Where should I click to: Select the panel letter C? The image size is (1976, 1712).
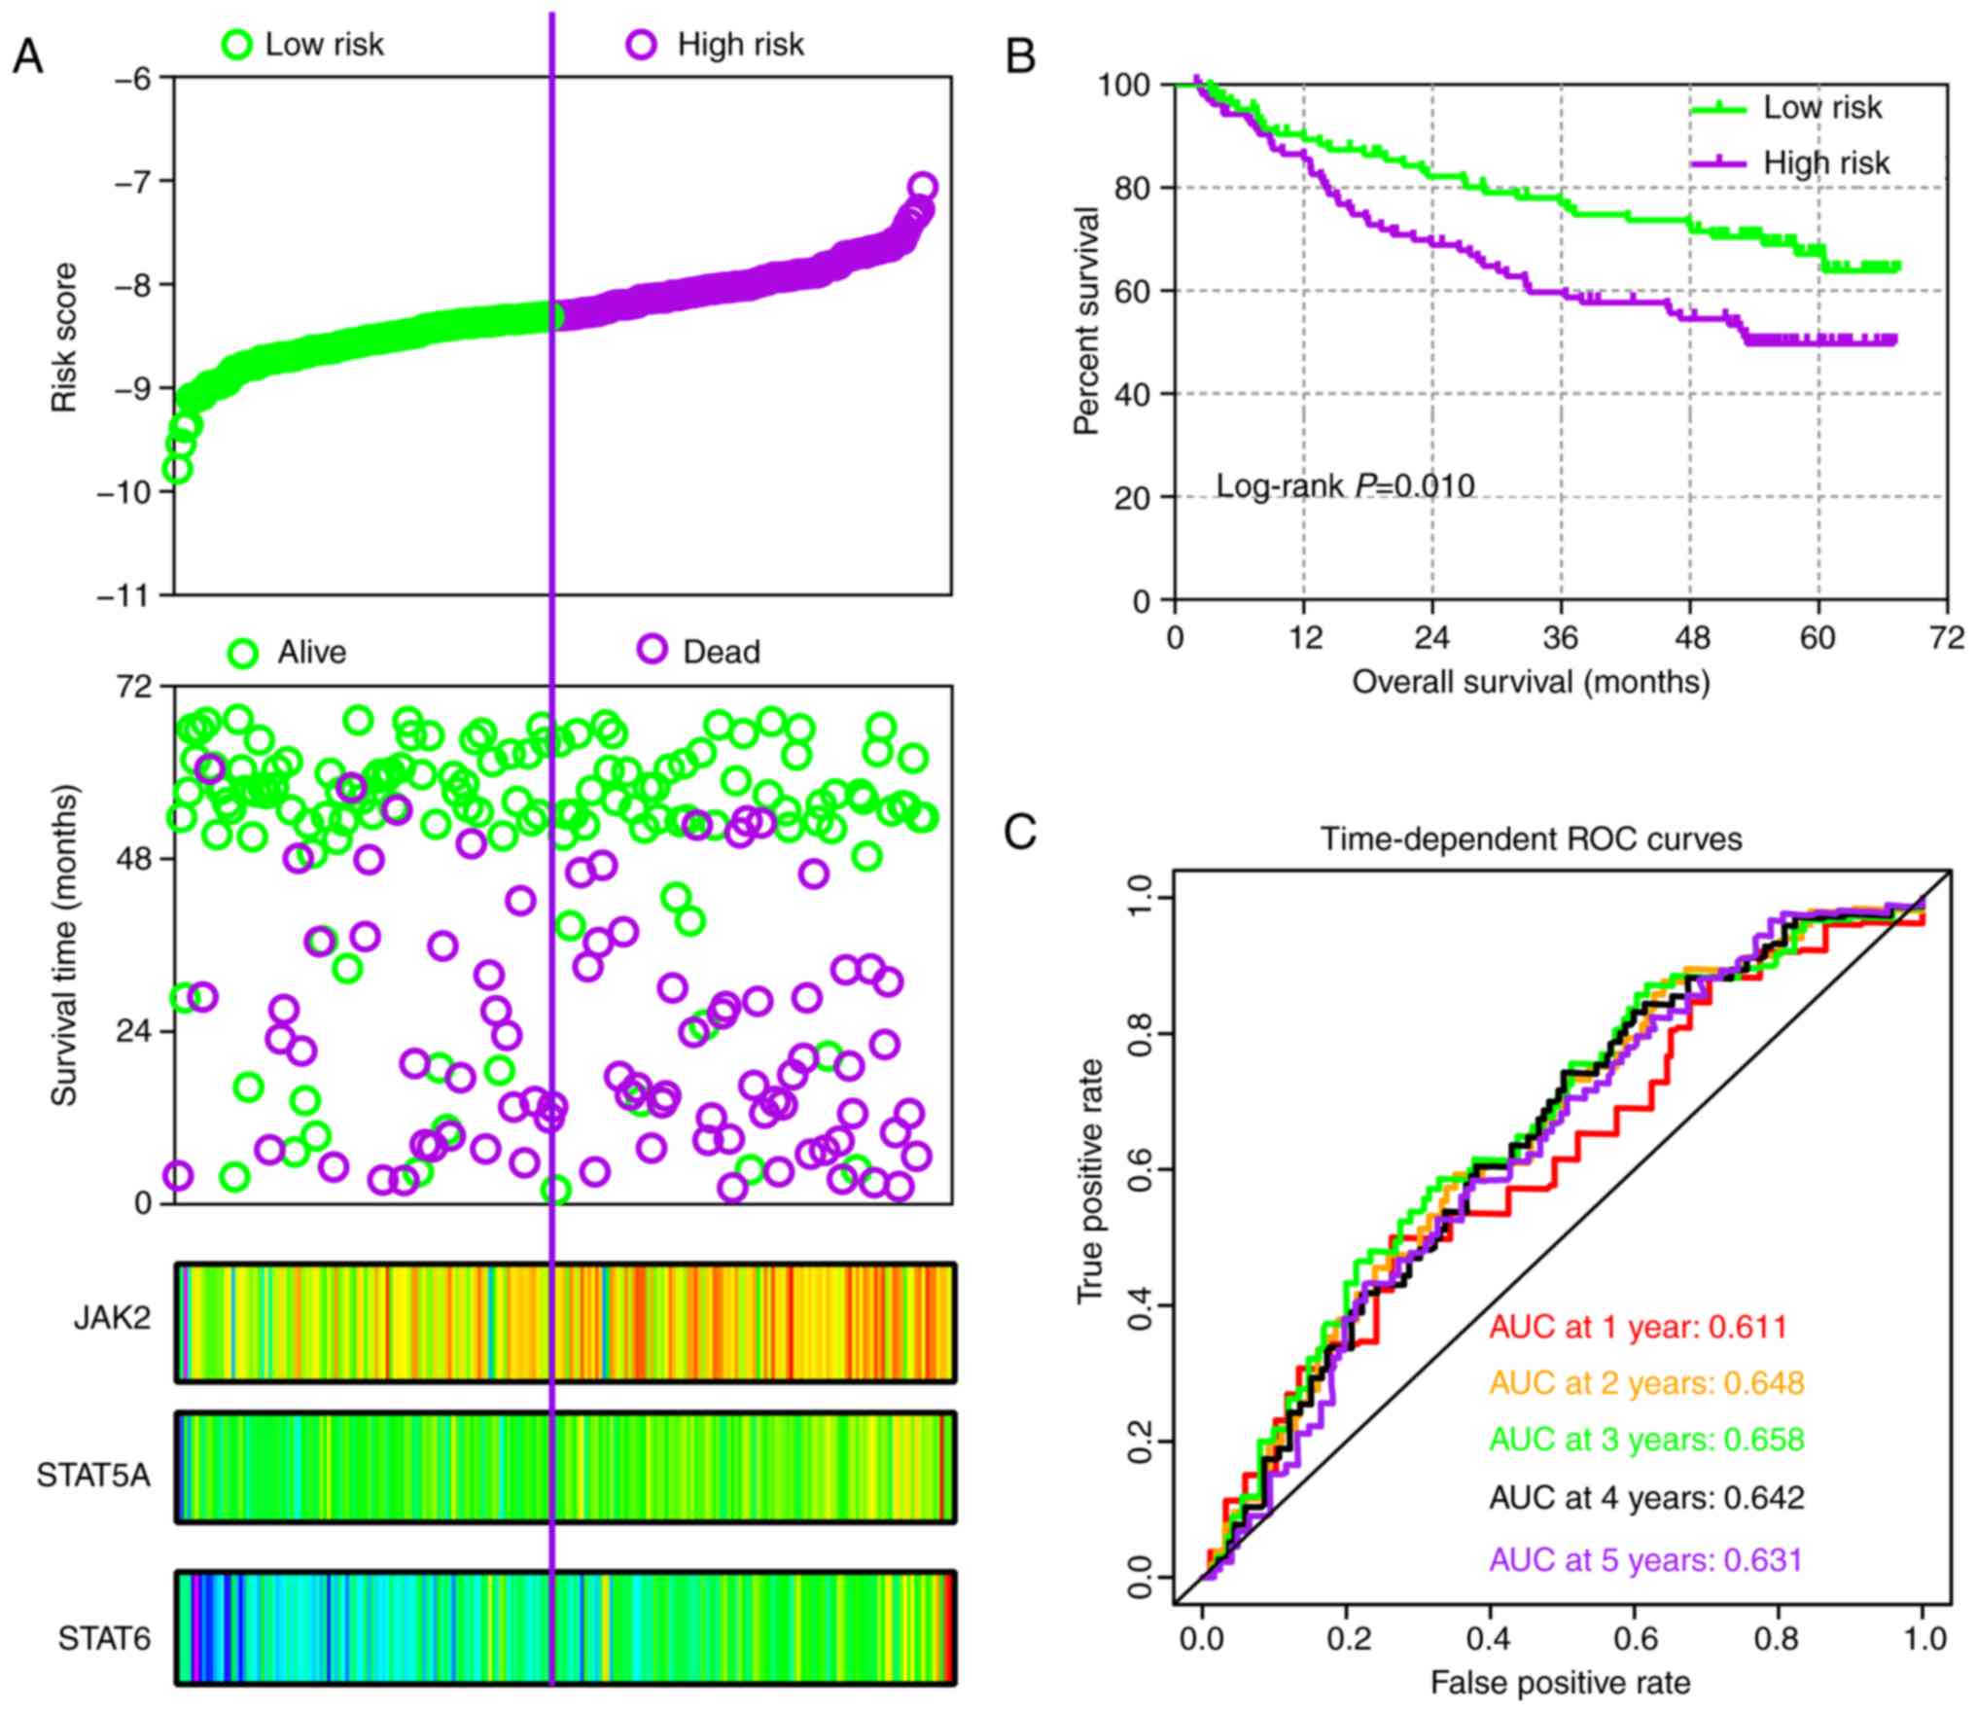(x=1020, y=833)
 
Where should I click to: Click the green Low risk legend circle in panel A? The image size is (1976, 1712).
(x=238, y=44)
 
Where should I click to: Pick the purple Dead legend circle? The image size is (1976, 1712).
(x=652, y=649)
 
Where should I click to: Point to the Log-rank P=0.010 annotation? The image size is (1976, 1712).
(x=1345, y=485)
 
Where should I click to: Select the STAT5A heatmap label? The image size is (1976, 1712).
(x=94, y=1476)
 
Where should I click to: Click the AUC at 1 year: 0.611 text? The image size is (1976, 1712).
(x=1639, y=1327)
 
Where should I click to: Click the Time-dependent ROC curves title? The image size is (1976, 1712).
(x=1531, y=838)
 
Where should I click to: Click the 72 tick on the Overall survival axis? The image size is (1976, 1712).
(x=1946, y=639)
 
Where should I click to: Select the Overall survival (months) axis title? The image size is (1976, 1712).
(x=1531, y=682)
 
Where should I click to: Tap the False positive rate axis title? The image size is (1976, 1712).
(x=1560, y=1682)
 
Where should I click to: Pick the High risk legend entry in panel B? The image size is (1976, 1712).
(x=1826, y=162)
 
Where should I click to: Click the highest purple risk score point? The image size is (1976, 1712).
(x=923, y=187)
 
